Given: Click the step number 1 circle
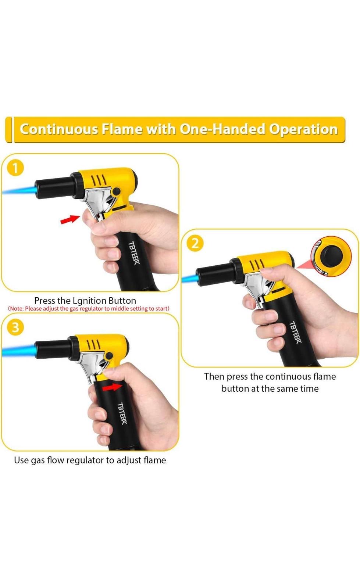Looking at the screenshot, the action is click(15, 168).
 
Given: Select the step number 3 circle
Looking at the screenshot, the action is click(15, 327).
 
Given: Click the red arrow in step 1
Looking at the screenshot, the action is click(70, 219).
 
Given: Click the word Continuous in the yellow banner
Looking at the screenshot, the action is click(59, 129).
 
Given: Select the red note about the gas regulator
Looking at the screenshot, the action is click(89, 309).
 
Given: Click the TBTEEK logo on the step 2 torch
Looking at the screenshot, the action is click(296, 332).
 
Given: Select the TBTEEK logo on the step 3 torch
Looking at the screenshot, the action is click(122, 414).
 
